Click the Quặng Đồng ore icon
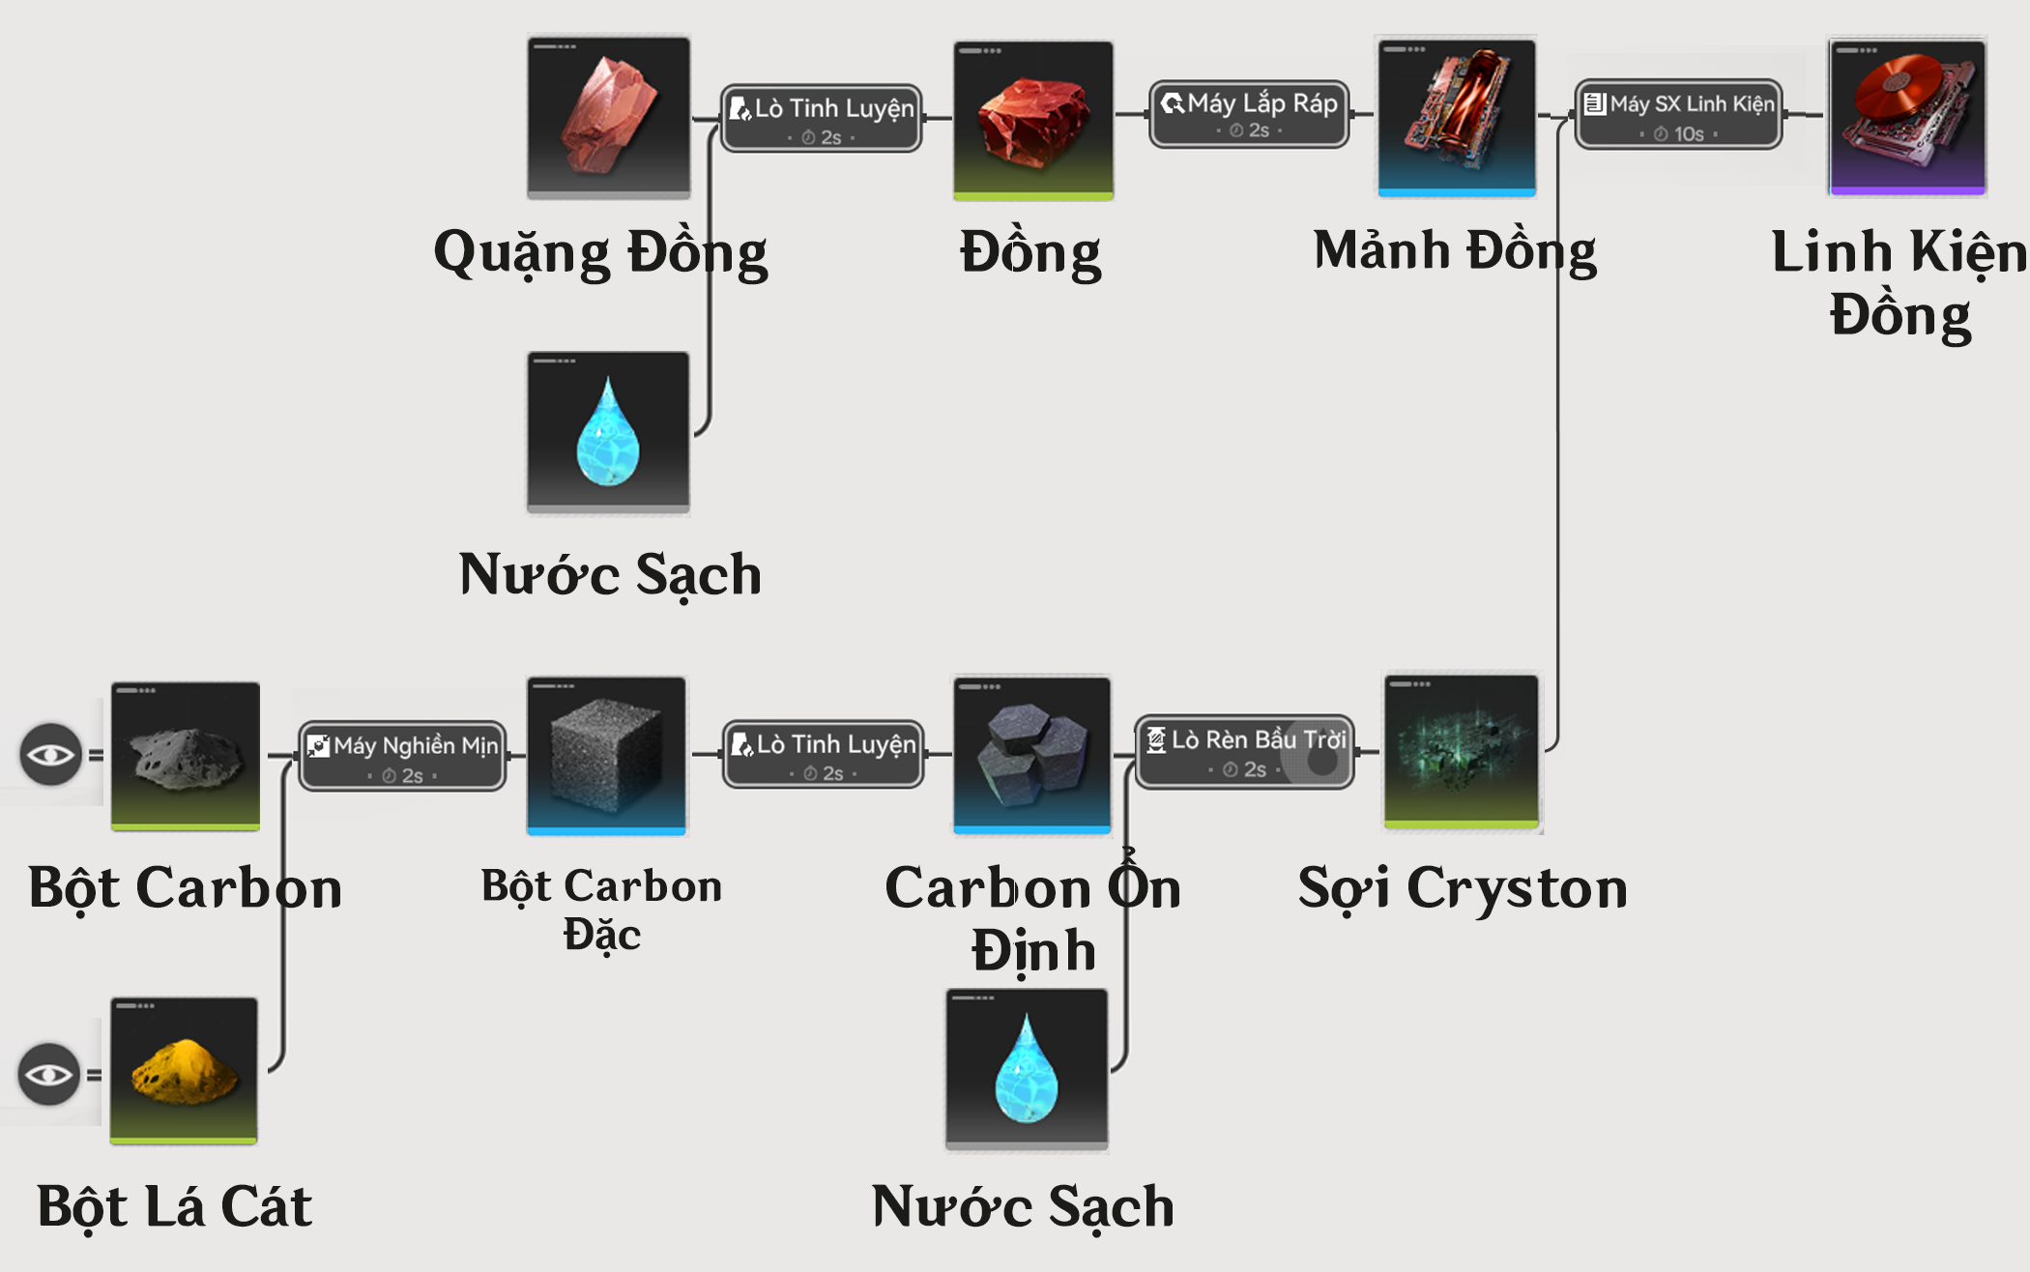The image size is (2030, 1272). point(609,116)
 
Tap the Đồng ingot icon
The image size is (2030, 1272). point(1032,119)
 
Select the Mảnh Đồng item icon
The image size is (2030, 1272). point(1457,116)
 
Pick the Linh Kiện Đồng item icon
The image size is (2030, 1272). point(1906,116)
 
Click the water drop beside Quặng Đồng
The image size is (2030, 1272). point(608,431)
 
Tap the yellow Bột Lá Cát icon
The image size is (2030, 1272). point(184,1070)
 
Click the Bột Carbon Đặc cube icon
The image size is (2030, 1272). point(606,755)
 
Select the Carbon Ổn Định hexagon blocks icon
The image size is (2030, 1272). point(1031,755)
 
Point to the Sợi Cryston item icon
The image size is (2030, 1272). point(1462,751)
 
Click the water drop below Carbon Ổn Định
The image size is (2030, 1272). point(1027,1069)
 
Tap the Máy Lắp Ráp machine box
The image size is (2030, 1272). point(1249,114)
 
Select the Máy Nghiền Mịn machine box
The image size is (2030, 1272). point(402,756)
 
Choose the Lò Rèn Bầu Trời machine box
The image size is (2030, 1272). point(1244,752)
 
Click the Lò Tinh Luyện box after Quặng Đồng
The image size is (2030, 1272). point(822,118)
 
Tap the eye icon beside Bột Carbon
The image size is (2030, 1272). point(50,754)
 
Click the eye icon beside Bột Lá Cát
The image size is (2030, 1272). point(48,1074)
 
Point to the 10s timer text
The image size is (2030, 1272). point(1688,134)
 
